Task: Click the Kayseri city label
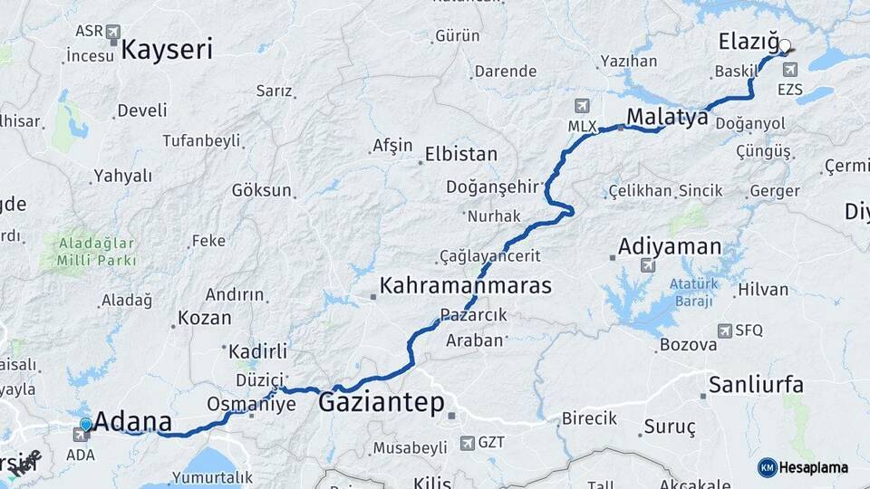(167, 49)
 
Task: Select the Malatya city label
(666, 117)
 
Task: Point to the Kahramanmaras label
(465, 286)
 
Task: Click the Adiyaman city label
(670, 246)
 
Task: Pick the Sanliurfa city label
(756, 385)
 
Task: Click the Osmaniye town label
(251, 404)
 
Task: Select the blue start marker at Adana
(86, 424)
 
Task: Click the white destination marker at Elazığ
(785, 45)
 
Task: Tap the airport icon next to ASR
(113, 33)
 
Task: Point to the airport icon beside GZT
(467, 443)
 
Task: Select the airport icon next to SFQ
(724, 331)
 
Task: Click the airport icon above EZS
(790, 70)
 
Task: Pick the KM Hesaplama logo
(803, 467)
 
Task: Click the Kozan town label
(204, 318)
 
